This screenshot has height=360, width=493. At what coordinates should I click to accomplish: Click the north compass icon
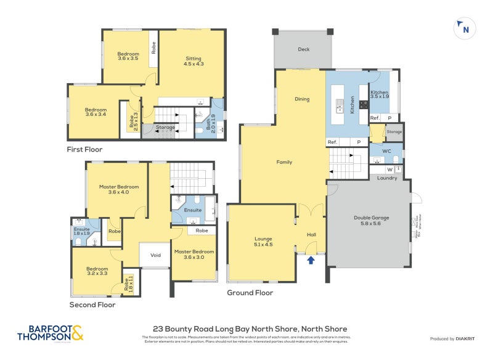[464, 28]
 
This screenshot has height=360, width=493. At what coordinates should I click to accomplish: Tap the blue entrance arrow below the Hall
[311, 260]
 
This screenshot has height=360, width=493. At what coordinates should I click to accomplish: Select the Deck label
[303, 49]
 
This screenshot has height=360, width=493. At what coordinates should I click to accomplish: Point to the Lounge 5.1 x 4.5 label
[263, 242]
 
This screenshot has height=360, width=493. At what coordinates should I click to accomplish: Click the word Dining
[302, 99]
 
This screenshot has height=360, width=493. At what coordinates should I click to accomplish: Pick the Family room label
[283, 162]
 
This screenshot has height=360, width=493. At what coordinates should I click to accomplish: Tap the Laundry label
[387, 178]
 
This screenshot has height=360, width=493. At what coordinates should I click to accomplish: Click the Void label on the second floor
[155, 255]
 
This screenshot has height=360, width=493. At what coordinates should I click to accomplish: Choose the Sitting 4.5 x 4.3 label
[194, 61]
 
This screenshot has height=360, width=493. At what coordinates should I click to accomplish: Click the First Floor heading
[84, 149]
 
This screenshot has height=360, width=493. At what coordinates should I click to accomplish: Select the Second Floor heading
[92, 305]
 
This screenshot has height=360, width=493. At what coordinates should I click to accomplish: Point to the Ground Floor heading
[250, 293]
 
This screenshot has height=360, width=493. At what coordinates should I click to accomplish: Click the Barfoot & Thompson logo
[51, 333]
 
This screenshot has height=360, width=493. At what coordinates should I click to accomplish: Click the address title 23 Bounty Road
[250, 329]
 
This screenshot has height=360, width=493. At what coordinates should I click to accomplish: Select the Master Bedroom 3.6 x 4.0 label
[119, 189]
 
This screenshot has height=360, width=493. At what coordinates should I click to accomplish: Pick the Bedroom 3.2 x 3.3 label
[97, 272]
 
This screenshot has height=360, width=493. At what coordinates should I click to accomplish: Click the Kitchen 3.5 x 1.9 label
[379, 94]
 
